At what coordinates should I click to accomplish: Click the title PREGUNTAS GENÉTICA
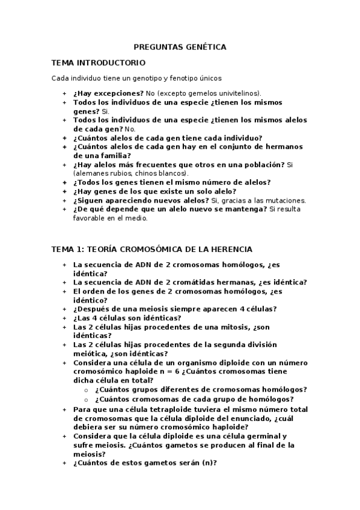point(180,46)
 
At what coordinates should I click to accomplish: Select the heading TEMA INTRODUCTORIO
point(99,63)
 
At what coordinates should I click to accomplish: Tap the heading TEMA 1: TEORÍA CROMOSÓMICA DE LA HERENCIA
point(152,249)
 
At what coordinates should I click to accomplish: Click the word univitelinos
point(239,94)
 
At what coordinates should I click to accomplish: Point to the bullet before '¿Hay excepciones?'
point(64,94)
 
